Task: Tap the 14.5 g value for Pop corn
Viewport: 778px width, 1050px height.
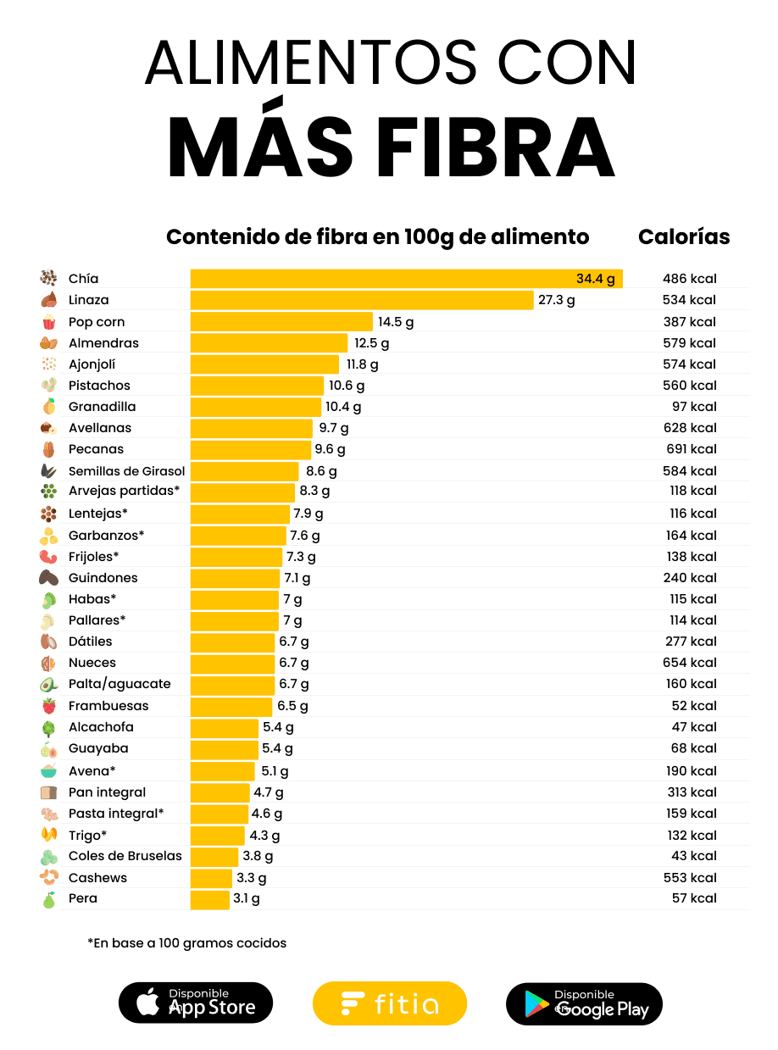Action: point(396,322)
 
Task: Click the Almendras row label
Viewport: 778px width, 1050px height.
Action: point(103,343)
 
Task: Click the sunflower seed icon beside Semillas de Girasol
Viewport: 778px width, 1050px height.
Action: point(48,471)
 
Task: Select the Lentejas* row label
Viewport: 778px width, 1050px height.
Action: point(98,514)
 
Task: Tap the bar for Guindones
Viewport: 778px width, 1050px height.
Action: point(235,578)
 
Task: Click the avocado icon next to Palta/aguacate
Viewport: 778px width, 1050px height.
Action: point(48,685)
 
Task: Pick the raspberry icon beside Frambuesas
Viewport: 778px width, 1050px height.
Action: point(48,706)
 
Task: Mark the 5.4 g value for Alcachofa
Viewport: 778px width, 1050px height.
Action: point(278,727)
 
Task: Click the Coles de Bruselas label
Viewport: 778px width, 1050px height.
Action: point(125,856)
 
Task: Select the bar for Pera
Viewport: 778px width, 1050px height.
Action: point(209,899)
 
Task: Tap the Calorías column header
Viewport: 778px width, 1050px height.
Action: point(684,237)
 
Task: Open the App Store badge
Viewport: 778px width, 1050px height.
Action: point(196,1003)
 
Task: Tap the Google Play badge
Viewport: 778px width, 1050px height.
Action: point(584,1004)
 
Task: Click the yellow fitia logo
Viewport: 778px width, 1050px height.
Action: point(390,1004)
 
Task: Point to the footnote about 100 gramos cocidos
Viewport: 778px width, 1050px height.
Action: point(187,943)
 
